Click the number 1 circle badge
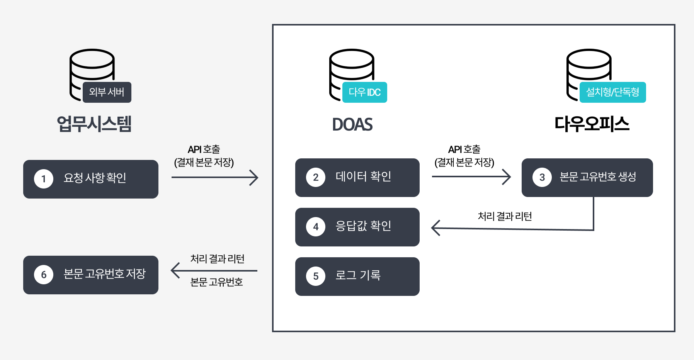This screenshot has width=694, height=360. [44, 179]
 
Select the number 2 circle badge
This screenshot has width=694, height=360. [316, 177]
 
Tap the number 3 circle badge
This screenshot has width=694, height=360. [542, 177]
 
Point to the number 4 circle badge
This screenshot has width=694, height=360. [316, 227]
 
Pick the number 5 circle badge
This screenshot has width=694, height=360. [316, 276]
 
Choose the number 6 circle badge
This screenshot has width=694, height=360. [44, 275]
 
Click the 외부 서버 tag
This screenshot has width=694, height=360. [107, 92]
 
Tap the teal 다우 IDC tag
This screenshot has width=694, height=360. [365, 92]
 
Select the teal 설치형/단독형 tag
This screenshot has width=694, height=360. [612, 92]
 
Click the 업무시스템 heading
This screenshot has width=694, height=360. [94, 124]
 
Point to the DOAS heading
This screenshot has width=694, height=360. [352, 124]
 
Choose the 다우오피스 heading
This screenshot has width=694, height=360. [592, 124]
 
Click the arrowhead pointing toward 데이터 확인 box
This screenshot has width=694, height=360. [255, 178]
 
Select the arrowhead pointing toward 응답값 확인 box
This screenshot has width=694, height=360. [435, 228]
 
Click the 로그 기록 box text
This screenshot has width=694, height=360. [358, 275]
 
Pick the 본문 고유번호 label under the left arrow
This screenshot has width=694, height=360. [216, 282]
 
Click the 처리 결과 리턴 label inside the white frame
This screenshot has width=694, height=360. [505, 216]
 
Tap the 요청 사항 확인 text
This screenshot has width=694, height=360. [95, 178]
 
